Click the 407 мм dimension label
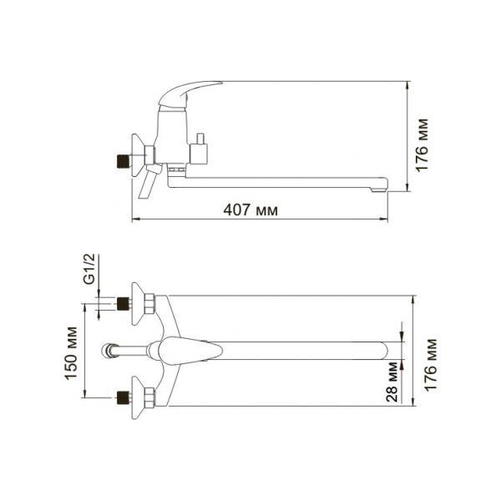click(250, 210)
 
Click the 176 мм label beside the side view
click(422, 145)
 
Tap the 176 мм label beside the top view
click(430, 365)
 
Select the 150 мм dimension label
click(71, 353)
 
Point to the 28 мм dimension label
click(392, 382)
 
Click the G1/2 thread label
click(89, 269)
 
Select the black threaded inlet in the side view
click(124, 161)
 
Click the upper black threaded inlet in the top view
click(124, 304)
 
